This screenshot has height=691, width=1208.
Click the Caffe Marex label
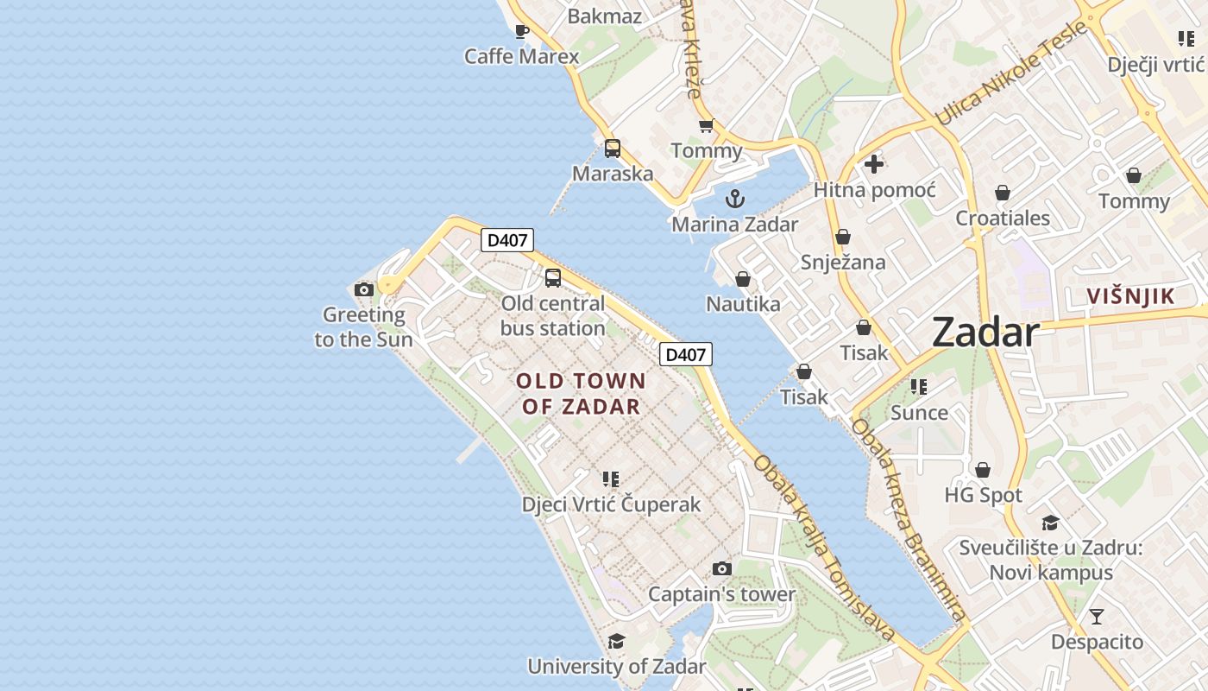click(521, 56)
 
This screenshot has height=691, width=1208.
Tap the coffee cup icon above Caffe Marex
click(521, 32)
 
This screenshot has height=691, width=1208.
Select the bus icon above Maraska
click(613, 148)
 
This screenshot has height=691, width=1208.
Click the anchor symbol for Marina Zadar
click(734, 200)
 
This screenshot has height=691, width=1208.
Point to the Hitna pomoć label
click(874, 189)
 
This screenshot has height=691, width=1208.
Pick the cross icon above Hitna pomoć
click(874, 163)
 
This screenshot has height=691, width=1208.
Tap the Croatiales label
click(1003, 218)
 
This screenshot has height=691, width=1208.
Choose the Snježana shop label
click(843, 262)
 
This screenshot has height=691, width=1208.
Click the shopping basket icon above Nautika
click(742, 279)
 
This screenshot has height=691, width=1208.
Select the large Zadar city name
click(985, 333)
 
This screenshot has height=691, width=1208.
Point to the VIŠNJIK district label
click(1130, 296)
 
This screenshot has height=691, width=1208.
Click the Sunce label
click(919, 412)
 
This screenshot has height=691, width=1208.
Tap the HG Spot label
click(983, 495)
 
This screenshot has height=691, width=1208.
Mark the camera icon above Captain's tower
click(722, 568)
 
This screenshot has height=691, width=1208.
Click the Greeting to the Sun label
click(363, 326)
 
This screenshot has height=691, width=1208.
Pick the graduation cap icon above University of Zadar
click(616, 641)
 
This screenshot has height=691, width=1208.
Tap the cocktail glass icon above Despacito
click(1096, 617)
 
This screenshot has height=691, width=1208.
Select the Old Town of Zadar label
click(581, 393)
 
